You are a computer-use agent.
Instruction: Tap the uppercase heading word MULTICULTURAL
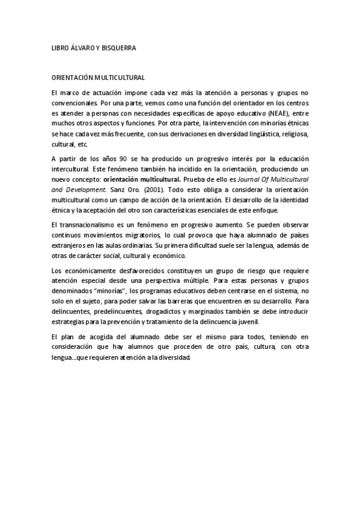(x=120, y=78)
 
